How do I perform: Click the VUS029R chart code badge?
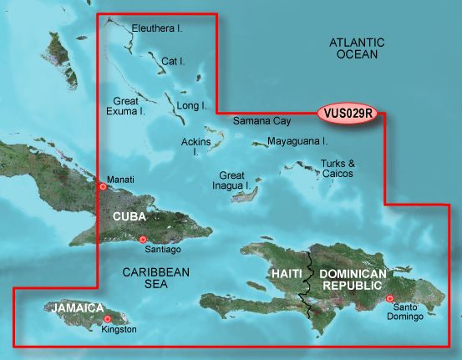tap(350, 113)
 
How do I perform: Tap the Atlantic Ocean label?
tap(355, 48)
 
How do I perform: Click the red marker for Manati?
tap(103, 186)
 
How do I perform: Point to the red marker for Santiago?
tap(143, 240)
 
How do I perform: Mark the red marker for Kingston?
tap(108, 319)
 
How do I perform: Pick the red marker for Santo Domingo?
tap(389, 298)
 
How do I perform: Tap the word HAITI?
tap(285, 275)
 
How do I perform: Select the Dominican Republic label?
tap(354, 280)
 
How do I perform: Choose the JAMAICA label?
tap(78, 308)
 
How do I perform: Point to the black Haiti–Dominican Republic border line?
tap(308, 284)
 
